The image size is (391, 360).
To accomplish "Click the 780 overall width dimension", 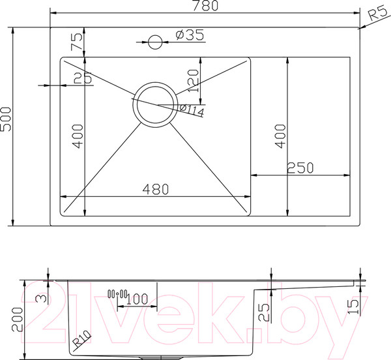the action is coord(205,6).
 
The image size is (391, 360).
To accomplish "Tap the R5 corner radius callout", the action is coord(378,13).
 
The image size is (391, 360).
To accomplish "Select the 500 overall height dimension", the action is coord(6,119).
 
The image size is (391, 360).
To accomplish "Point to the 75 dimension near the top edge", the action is coord(76,42).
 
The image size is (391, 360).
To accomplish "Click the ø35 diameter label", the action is coord(190,35).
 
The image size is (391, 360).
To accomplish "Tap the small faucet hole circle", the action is coord(155,42).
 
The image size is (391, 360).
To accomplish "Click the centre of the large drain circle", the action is coord(155,105).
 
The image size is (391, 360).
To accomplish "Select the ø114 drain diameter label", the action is coord(192,110).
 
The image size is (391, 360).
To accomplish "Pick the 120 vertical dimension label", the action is coord(194,81).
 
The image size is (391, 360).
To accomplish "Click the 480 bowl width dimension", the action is coord(156,189).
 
